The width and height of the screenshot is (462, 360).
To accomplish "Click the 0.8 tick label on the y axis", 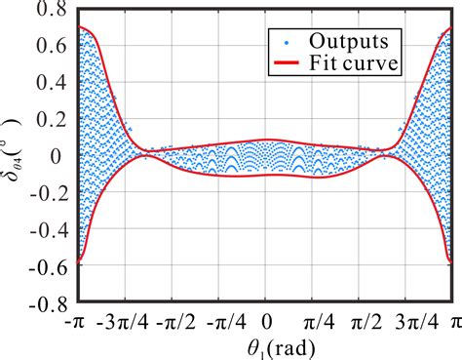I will [x=54, y=13].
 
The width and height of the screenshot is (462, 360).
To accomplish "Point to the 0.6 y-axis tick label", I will [x=54, y=48].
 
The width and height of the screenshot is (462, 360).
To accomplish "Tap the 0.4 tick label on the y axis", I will [x=54, y=83].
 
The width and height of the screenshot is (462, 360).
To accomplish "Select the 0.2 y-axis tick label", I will [x=54, y=118].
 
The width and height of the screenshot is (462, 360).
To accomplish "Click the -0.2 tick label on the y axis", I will [x=49, y=191].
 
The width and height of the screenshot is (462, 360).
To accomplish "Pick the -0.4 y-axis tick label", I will [x=49, y=226].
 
